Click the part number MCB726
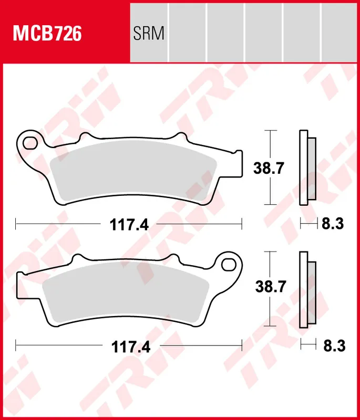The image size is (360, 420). (47, 34)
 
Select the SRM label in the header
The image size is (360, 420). (149, 34)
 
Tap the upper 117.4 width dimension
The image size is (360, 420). (129, 225)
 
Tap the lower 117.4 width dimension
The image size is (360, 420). (129, 347)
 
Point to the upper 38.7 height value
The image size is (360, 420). (269, 169)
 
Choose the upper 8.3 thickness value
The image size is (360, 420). (332, 225)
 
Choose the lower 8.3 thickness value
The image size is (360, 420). (332, 347)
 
